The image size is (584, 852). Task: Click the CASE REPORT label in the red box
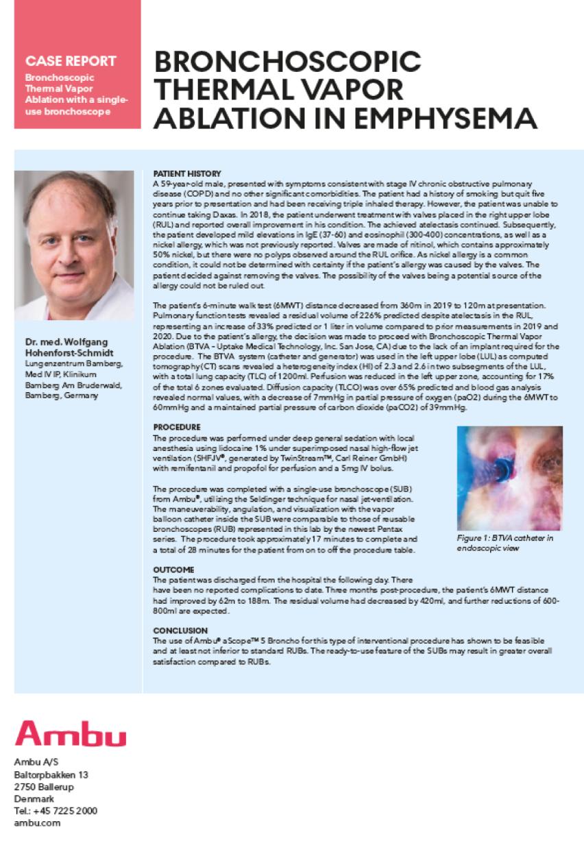(x=66, y=60)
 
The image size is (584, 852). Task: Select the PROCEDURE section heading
(x=177, y=426)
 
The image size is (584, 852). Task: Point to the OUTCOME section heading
(x=173, y=570)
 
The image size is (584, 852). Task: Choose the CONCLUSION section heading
(x=180, y=630)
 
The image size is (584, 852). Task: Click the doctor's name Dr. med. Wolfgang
(x=68, y=342)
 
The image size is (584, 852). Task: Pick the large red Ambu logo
(x=70, y=735)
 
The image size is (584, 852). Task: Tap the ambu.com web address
(x=37, y=823)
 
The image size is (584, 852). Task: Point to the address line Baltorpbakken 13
(x=51, y=775)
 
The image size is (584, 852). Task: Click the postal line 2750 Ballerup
(x=46, y=786)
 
